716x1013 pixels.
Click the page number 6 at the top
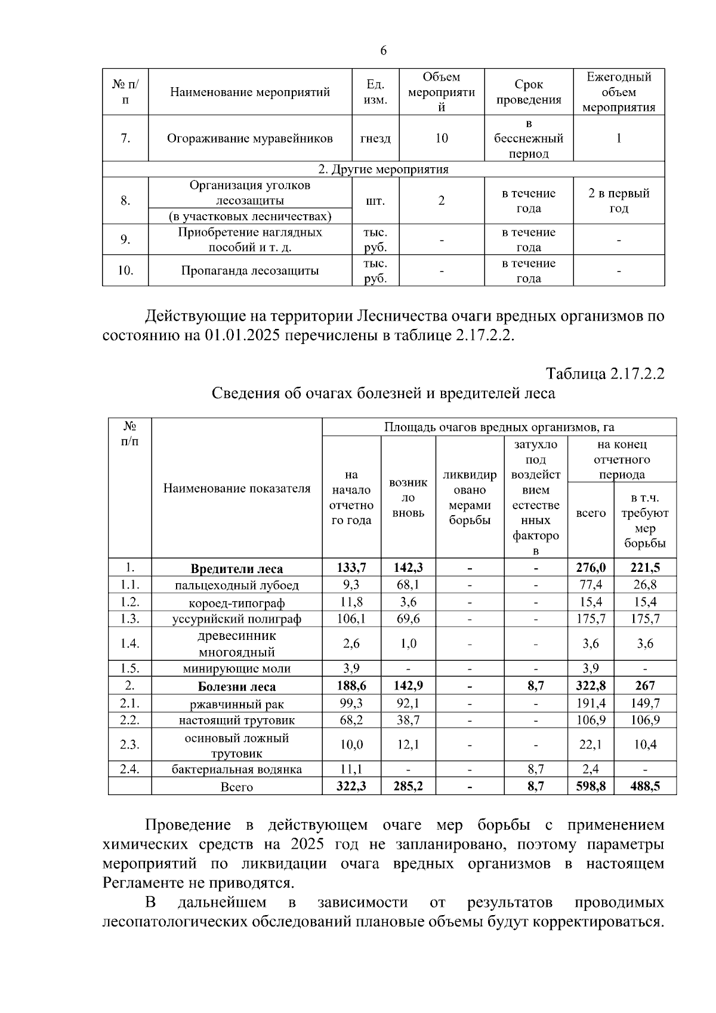[383, 51]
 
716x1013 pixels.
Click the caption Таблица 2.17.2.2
[605, 374]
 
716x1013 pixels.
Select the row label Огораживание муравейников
[249, 138]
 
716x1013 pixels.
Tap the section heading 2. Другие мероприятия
[383, 169]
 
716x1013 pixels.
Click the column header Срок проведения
[529, 92]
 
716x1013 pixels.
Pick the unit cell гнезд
[375, 138]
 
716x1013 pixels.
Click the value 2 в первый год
[618, 201]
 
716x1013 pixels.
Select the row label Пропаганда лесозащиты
[249, 270]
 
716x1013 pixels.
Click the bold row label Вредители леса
[236, 568]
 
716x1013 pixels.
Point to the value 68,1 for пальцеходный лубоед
[408, 584]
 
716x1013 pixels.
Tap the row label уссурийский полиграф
[236, 618]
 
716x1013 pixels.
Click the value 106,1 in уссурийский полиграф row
[351, 618]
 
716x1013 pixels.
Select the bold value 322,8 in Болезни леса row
[591, 686]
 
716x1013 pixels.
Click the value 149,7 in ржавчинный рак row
[645, 703]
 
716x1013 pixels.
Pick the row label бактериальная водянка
[236, 769]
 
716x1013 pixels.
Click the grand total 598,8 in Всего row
[591, 786]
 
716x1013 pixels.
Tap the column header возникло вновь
[408, 497]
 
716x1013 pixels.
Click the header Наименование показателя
[236, 488]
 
